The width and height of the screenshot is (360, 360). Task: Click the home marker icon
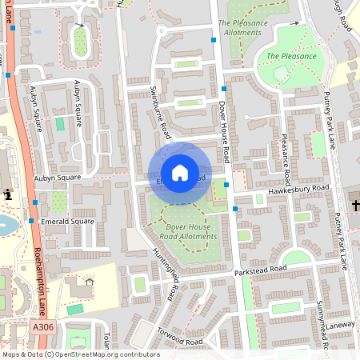click(180, 173)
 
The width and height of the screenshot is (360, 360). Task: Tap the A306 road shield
click(44, 328)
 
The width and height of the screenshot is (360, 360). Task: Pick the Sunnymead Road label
click(322, 324)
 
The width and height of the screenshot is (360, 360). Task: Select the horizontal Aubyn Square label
click(57, 177)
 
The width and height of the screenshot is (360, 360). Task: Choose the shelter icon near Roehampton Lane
click(89, 281)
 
